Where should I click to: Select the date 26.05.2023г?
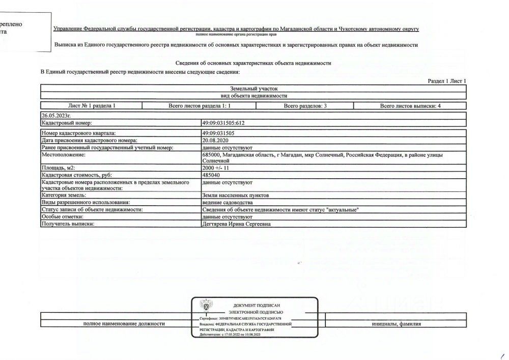[56, 116]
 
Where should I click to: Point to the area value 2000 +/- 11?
[216, 168]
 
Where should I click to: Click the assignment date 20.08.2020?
[216, 140]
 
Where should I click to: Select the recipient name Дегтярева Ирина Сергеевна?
[236, 224]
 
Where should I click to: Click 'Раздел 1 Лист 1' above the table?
[447, 81]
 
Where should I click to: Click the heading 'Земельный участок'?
[253, 89]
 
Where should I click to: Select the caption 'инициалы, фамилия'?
[396, 324]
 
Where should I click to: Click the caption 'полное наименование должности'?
[124, 324]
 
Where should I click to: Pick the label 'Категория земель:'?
[64, 196]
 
